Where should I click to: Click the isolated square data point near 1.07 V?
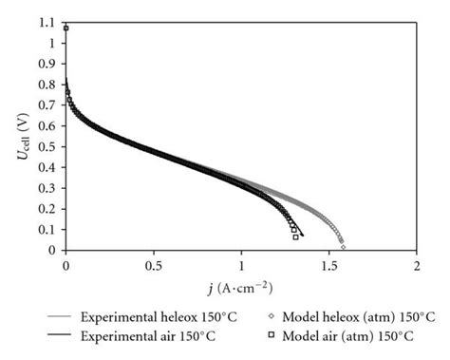point(66,28)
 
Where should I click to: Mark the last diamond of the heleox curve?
point(343,247)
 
